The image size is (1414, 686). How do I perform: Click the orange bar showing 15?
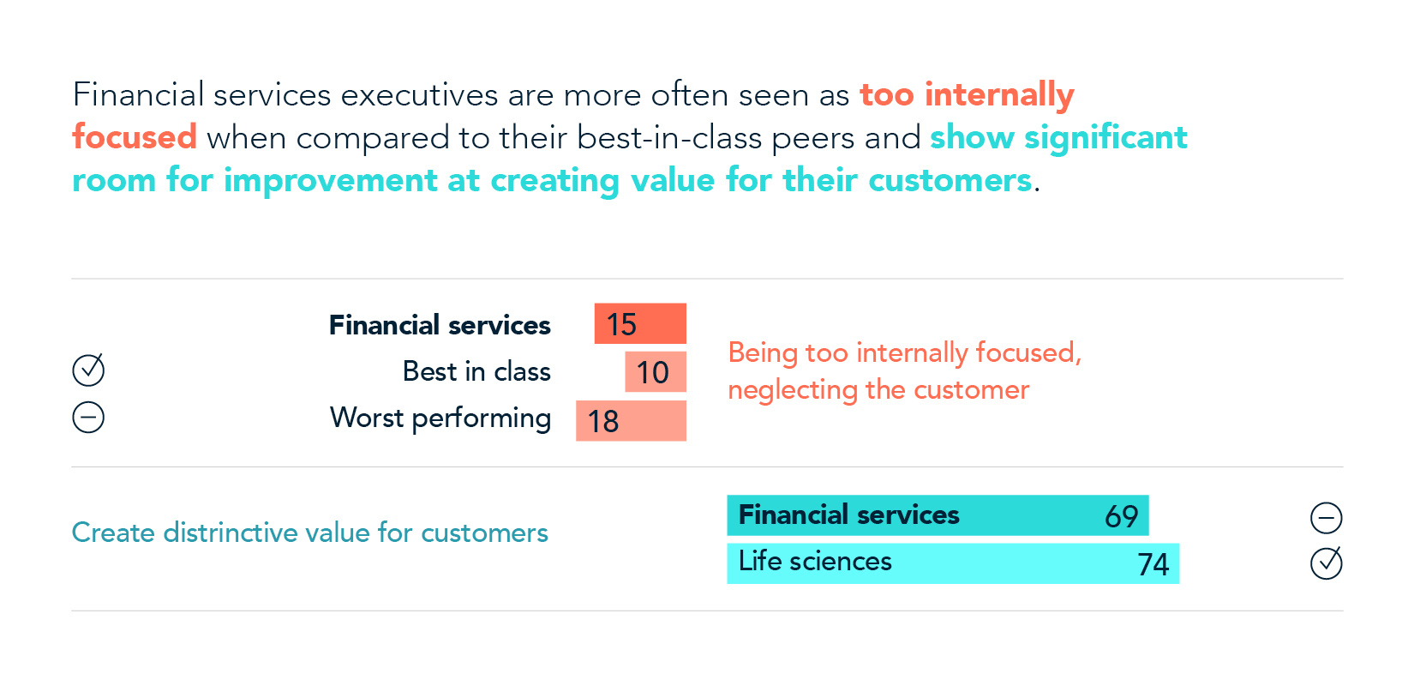pyautogui.click(x=640, y=323)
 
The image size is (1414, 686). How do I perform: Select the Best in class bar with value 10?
pyautogui.click(x=656, y=371)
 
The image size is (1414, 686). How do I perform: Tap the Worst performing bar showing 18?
pyautogui.click(x=631, y=420)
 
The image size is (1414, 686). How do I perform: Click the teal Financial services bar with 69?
pyautogui.click(x=938, y=515)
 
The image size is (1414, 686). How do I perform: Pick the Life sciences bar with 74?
pyautogui.click(x=953, y=563)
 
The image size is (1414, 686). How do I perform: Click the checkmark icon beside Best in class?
pyautogui.click(x=88, y=370)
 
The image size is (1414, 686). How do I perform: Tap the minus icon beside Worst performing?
pyautogui.click(x=88, y=418)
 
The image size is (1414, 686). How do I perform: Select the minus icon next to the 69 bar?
pyautogui.click(x=1326, y=517)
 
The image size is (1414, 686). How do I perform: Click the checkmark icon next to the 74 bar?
pyautogui.click(x=1326, y=563)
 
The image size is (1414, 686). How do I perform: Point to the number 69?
pyautogui.click(x=1121, y=516)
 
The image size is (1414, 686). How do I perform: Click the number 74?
pyautogui.click(x=1153, y=564)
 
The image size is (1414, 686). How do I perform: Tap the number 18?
pyautogui.click(x=603, y=421)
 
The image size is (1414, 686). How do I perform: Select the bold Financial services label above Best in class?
pyautogui.click(x=440, y=325)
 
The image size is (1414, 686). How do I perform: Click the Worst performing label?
pyautogui.click(x=440, y=418)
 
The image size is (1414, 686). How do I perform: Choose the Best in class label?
pyautogui.click(x=476, y=371)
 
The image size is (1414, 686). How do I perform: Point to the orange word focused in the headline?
pyautogui.click(x=135, y=137)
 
